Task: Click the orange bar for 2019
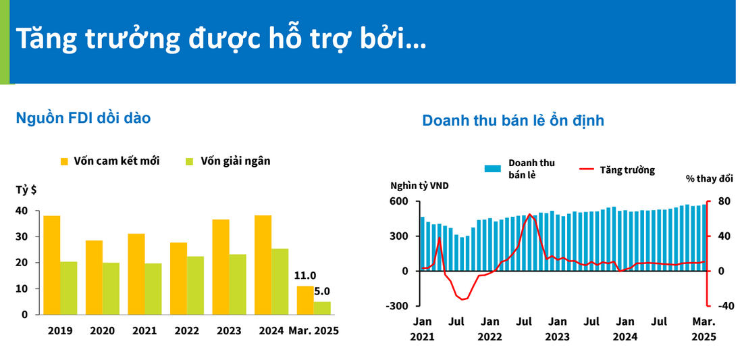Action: pyautogui.click(x=52, y=265)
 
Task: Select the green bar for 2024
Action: pyautogui.click(x=280, y=281)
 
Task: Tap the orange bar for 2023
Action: pyautogui.click(x=221, y=267)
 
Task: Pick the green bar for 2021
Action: pyautogui.click(x=153, y=288)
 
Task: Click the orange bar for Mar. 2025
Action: pyautogui.click(x=305, y=300)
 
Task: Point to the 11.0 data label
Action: pyautogui.click(x=305, y=276)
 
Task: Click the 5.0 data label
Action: pyautogui.click(x=322, y=292)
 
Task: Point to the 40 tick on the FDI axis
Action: pyautogui.click(x=22, y=211)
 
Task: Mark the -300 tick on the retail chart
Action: pyautogui.click(x=398, y=306)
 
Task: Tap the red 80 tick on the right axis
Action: pyautogui.click(x=724, y=201)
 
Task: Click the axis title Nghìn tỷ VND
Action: pyautogui.click(x=419, y=186)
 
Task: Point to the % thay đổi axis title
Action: pyautogui.click(x=709, y=179)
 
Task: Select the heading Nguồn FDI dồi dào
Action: pyautogui.click(x=83, y=118)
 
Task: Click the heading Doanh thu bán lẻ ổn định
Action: pyautogui.click(x=513, y=120)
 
